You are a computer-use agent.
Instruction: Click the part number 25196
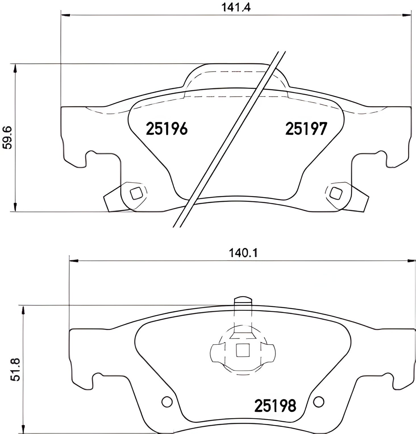coord(167,129)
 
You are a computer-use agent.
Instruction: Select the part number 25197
coord(306,129)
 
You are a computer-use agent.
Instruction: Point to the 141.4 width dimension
coord(236,8)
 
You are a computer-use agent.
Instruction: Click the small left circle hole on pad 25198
coord(167,402)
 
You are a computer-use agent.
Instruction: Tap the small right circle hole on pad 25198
coord(319,402)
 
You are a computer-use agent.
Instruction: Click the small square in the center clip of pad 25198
coord(243,350)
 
